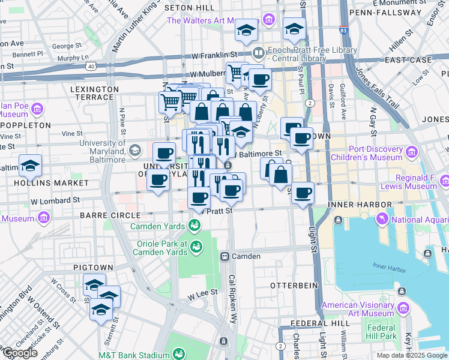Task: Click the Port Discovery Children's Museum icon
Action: (412, 153)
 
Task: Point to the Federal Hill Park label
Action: (381, 332)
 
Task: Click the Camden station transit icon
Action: (225, 256)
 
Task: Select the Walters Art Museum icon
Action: (270, 20)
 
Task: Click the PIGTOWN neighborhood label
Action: (93, 266)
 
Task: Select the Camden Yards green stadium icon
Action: (194, 226)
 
